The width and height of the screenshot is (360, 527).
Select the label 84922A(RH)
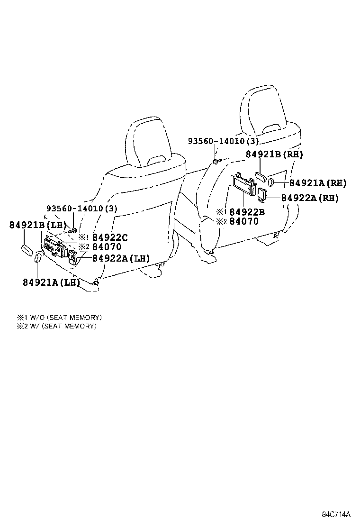pos(310,198)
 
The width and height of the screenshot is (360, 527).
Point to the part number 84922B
pos(247,212)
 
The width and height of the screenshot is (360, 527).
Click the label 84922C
pos(109,237)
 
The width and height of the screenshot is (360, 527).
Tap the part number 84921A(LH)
pos(51,282)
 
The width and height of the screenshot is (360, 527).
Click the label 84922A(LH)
pos(121,258)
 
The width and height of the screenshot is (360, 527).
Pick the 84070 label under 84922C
pos(107,247)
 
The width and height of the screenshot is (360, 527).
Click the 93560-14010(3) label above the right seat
pos(223,142)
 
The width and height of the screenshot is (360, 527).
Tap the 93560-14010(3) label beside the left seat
pos(82,209)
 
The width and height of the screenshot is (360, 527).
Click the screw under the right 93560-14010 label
pos(216,162)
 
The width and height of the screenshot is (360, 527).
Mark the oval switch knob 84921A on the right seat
pos(272,182)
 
